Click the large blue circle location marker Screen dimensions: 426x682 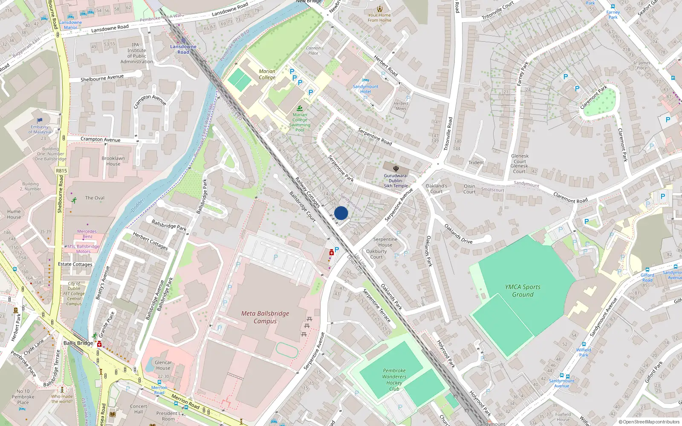341,213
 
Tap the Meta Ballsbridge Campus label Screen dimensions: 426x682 265,317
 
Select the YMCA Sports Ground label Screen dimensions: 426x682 523,291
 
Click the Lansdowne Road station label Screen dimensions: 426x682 183,49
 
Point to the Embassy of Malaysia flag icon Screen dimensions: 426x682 40,121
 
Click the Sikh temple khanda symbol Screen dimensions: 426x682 396,169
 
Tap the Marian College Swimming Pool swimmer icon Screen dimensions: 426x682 300,108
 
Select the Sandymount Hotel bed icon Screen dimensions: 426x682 365,81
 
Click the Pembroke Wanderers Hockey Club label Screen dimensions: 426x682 394,380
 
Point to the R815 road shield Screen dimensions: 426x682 61,171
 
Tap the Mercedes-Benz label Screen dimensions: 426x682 87,234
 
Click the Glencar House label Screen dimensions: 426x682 163,365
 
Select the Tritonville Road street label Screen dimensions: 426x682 448,134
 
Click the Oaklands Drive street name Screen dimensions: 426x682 458,233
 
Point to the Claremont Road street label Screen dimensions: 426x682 570,198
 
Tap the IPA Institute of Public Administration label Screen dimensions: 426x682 136,53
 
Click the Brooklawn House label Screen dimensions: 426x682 113,161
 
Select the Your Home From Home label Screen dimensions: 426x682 379,17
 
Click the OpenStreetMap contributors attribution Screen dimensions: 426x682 649,422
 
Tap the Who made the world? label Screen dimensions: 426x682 62,399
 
